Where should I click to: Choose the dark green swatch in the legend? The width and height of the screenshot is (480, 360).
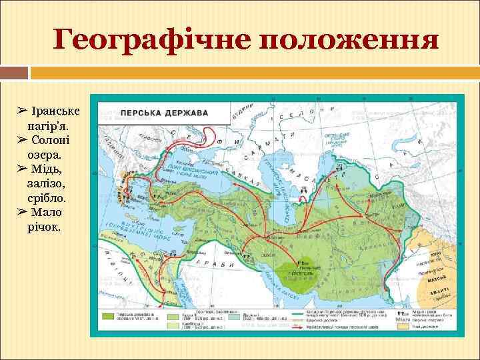click(110, 318)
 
